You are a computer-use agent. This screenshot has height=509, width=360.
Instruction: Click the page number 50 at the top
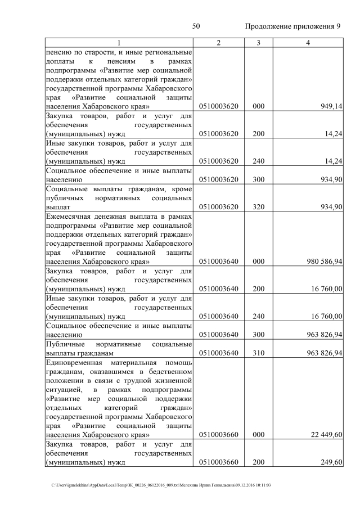(196, 26)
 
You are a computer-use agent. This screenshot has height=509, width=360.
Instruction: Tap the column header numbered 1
(119, 43)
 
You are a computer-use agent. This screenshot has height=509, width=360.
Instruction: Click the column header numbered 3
(258, 43)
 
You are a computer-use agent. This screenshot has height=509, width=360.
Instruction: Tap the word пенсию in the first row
(60, 52)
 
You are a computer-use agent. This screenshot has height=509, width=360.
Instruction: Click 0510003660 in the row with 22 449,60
(219, 435)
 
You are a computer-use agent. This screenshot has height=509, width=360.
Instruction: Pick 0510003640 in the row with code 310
(219, 353)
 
